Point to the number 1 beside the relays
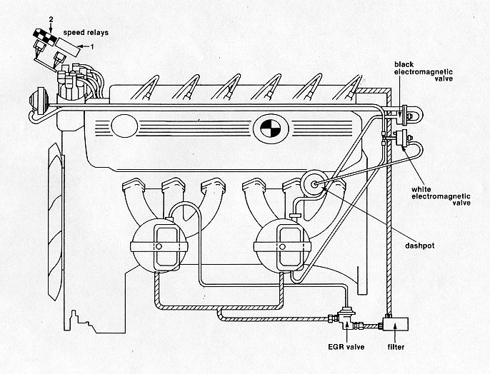(91, 46)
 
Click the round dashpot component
(312, 183)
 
